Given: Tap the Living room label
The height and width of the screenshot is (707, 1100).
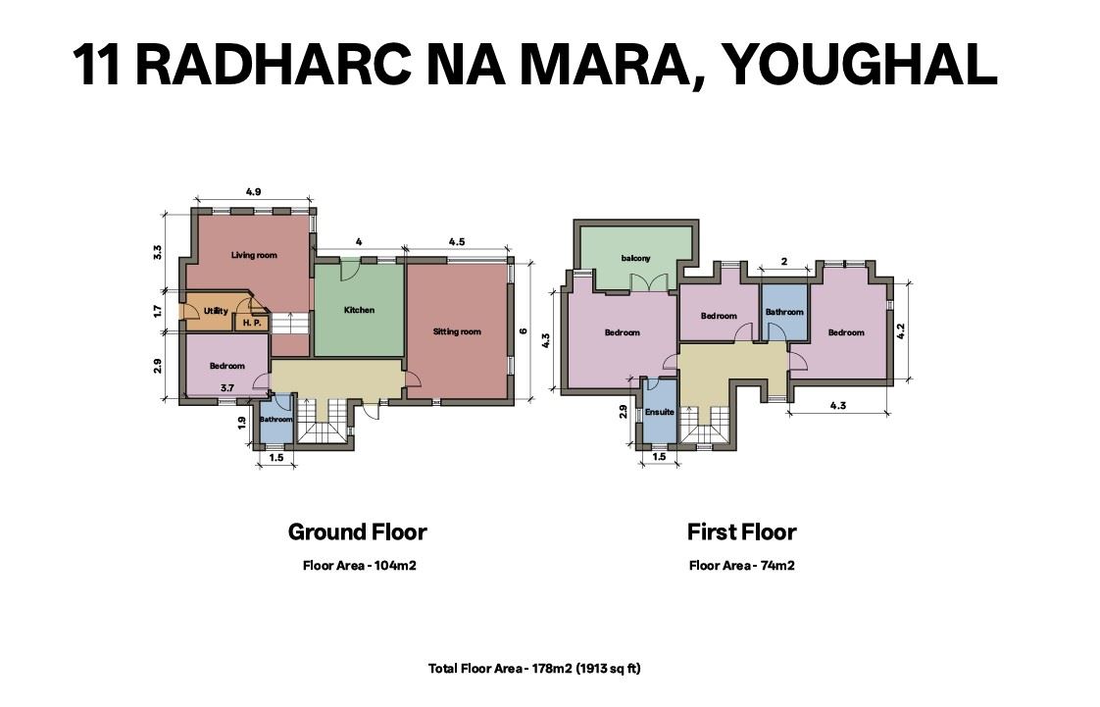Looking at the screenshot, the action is pyautogui.click(x=254, y=255).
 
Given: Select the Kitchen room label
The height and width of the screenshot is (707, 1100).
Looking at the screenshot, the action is pyautogui.click(x=359, y=310).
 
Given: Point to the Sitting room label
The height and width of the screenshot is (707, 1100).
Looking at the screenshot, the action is pyautogui.click(x=457, y=331).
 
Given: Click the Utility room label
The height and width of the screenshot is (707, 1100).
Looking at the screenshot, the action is pyautogui.click(x=216, y=311).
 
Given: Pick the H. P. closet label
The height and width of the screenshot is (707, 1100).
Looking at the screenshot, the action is pyautogui.click(x=252, y=324).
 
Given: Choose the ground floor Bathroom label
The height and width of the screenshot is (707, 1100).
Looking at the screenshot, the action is pyautogui.click(x=276, y=420).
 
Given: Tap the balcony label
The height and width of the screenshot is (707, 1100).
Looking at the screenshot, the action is pyautogui.click(x=635, y=258).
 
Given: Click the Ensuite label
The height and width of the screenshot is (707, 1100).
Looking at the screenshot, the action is pyautogui.click(x=660, y=412).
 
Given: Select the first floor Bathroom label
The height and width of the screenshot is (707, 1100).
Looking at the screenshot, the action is pyautogui.click(x=784, y=312).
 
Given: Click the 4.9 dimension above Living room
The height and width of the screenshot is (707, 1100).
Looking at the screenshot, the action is pyautogui.click(x=253, y=191).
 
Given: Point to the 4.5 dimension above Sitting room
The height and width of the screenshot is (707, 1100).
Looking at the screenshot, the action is pyautogui.click(x=457, y=242).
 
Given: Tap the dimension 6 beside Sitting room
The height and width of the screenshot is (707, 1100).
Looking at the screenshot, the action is pyautogui.click(x=524, y=331).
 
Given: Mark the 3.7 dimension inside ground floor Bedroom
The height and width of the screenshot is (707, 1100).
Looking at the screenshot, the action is pyautogui.click(x=227, y=388).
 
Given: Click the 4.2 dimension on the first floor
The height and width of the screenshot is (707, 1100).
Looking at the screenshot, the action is pyautogui.click(x=901, y=331).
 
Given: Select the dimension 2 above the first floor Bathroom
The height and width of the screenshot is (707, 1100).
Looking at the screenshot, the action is pyautogui.click(x=784, y=262).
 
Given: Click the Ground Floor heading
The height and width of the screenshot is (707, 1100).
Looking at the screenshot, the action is pyautogui.click(x=357, y=531).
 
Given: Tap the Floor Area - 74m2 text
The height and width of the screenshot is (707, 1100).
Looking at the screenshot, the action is pyautogui.click(x=741, y=566).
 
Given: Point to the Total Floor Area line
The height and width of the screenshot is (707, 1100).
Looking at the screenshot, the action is pyautogui.click(x=534, y=669).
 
